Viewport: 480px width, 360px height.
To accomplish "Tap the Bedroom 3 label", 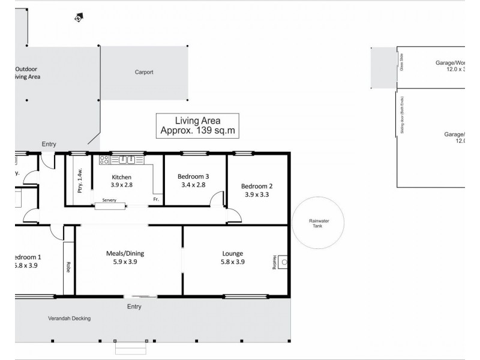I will [x=193, y=177].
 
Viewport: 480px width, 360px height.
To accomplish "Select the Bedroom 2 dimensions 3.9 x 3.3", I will [x=256, y=194].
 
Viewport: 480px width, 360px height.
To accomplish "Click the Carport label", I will [x=143, y=72].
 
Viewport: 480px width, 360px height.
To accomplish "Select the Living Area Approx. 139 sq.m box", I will [x=197, y=125].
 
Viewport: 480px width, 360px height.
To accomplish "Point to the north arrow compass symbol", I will [x=78, y=19].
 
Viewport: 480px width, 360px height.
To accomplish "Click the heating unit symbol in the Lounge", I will [x=283, y=262].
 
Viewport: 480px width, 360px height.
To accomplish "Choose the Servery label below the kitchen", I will [x=109, y=200].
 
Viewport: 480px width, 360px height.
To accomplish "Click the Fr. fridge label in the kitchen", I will [x=156, y=199].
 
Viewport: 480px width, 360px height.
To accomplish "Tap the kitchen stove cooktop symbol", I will [x=103, y=160].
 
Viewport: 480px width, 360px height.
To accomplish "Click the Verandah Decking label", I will [x=70, y=319].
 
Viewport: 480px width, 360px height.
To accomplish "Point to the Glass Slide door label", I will [x=401, y=63].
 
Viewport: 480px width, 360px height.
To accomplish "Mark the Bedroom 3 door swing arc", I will [x=218, y=199].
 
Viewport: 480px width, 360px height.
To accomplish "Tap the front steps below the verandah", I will [x=130, y=347].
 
